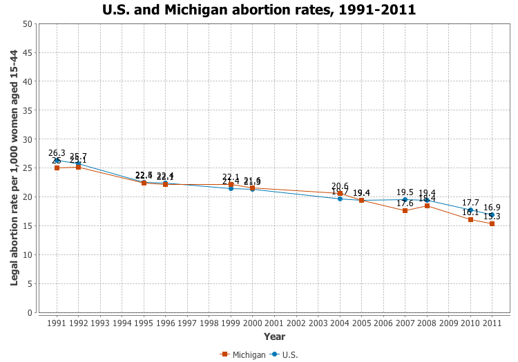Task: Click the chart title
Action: tap(259, 10)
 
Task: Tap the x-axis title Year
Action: tap(274, 336)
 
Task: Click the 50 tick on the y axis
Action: tap(28, 23)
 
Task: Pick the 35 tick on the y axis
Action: tap(28, 110)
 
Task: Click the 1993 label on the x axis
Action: tap(100, 323)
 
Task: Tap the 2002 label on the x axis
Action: tap(296, 323)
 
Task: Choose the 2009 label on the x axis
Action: tap(448, 323)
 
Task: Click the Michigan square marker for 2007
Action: tap(405, 210)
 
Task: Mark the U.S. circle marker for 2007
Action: tap(405, 199)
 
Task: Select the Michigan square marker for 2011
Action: tap(492, 223)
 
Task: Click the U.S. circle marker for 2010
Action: tap(470, 210)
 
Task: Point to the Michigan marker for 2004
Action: tap(340, 193)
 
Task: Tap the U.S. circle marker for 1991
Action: tap(57, 161)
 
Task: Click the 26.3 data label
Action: tap(57, 153)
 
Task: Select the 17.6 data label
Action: tap(405, 203)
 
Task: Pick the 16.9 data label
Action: tap(492, 208)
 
